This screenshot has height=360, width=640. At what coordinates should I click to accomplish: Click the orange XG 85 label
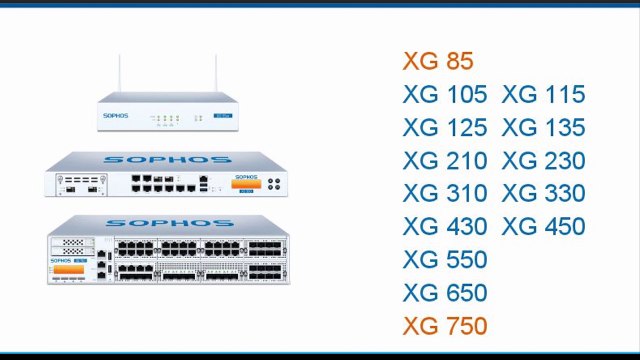pos(438,61)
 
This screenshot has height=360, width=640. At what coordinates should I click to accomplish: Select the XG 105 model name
pos(445,95)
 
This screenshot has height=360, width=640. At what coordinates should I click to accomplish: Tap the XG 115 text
pos(543,95)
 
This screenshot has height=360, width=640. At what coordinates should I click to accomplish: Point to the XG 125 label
pos(445,128)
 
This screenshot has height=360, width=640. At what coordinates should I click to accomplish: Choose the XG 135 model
pos(543,128)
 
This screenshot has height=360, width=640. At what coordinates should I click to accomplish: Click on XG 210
pos(445,161)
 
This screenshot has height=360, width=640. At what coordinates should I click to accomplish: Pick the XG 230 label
pos(543,161)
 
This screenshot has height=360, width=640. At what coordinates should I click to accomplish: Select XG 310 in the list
pos(445,193)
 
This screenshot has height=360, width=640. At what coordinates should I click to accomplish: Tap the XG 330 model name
pos(543,193)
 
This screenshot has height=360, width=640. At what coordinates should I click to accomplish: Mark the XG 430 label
pos(445,226)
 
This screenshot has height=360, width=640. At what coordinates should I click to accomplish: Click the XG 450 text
pos(543,226)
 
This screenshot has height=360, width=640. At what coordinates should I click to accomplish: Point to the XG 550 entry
pos(445,260)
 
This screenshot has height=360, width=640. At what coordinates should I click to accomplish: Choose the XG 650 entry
pos(445,293)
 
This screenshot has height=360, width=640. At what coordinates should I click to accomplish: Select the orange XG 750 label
pos(445,326)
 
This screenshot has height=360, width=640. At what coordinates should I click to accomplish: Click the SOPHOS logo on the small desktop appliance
pos(116,116)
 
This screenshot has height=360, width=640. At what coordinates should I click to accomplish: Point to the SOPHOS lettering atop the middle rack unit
pos(168,159)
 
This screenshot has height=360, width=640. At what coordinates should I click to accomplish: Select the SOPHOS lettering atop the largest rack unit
pos(168,223)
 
